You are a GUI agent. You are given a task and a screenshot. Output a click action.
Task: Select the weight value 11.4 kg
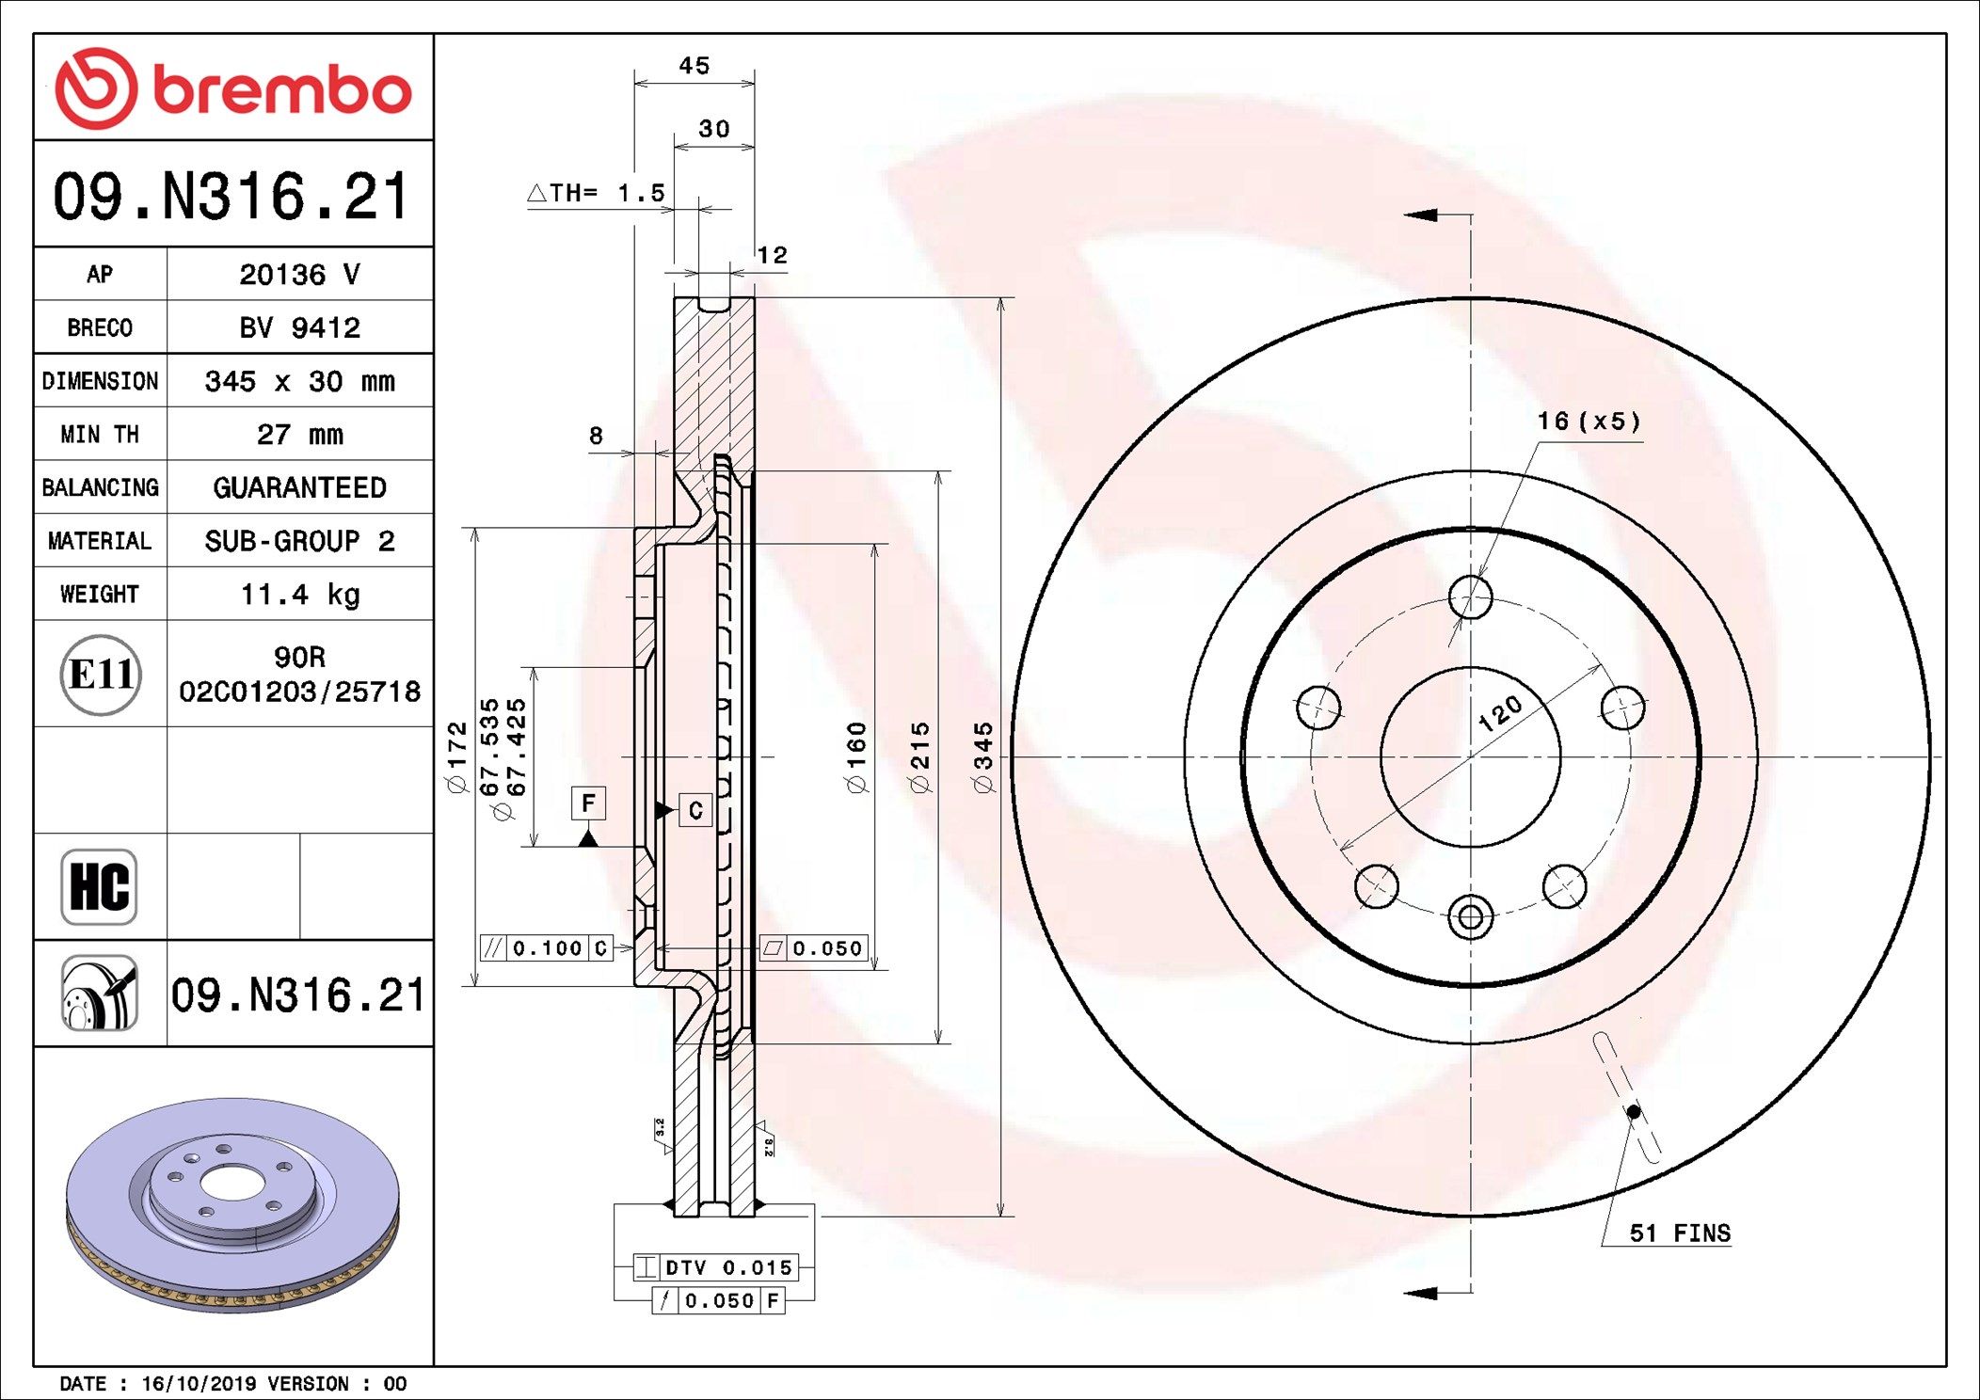coord(299,595)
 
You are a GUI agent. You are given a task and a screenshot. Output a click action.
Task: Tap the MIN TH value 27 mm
coord(299,435)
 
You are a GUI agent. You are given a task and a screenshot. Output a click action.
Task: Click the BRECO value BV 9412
coord(299,328)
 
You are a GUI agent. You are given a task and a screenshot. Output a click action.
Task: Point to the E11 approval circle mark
coord(101,675)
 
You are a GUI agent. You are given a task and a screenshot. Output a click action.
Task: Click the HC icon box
coord(99,887)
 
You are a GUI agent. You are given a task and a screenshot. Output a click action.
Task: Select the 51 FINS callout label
coord(1680,1233)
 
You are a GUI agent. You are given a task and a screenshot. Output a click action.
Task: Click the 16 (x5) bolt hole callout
coord(1589,422)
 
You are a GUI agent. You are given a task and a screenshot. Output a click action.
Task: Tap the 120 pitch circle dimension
coord(1500,714)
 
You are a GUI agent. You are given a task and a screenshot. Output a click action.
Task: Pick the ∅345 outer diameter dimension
coord(983,758)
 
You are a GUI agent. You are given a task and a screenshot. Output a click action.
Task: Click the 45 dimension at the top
coord(695,66)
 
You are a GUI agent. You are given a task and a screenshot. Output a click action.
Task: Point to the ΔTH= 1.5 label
coord(597,194)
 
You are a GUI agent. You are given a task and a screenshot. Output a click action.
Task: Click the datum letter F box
coord(588,803)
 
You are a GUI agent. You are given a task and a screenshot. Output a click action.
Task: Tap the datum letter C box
coord(695,810)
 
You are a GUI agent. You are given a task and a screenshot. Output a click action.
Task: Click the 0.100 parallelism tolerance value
coord(547,948)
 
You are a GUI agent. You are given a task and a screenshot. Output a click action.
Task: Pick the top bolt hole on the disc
coord(1470,597)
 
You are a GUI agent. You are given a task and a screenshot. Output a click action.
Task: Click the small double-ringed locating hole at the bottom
coord(1470,917)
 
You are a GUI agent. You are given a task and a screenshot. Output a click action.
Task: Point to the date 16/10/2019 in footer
coord(199,1384)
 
